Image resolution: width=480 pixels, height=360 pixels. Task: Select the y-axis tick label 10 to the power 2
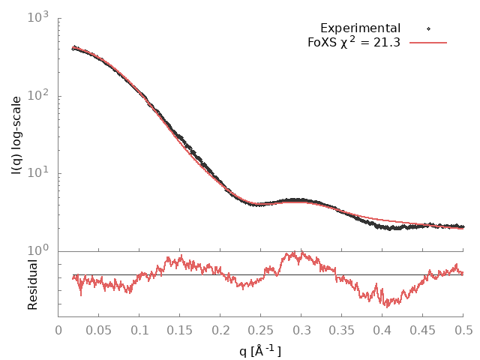coord(37,96)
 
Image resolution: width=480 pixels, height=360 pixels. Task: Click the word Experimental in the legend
coord(360,28)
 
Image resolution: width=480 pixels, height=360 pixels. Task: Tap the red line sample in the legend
coord(428,43)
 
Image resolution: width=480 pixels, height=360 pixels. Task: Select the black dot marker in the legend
coord(428,28)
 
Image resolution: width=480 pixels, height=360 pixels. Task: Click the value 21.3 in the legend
coord(387,43)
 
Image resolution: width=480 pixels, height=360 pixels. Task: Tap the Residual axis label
coord(32,284)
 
